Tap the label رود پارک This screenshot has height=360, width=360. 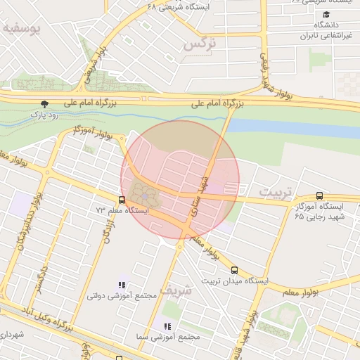[x=46, y=113]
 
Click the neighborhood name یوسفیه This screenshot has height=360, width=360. [x=21, y=29]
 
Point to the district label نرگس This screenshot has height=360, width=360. [x=198, y=44]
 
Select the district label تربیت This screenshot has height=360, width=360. [x=274, y=191]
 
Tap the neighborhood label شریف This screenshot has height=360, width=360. [x=174, y=289]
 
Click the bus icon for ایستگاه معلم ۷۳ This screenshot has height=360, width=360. [x=122, y=199]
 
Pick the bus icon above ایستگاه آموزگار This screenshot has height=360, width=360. [x=320, y=196]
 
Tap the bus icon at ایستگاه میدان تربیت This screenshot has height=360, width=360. [x=234, y=270]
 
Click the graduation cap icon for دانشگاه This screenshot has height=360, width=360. [x=326, y=15]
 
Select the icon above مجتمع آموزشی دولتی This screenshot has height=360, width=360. [x=122, y=285]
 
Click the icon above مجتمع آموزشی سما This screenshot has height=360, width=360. [x=167, y=326]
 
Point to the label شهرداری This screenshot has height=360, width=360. [x=13, y=335]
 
